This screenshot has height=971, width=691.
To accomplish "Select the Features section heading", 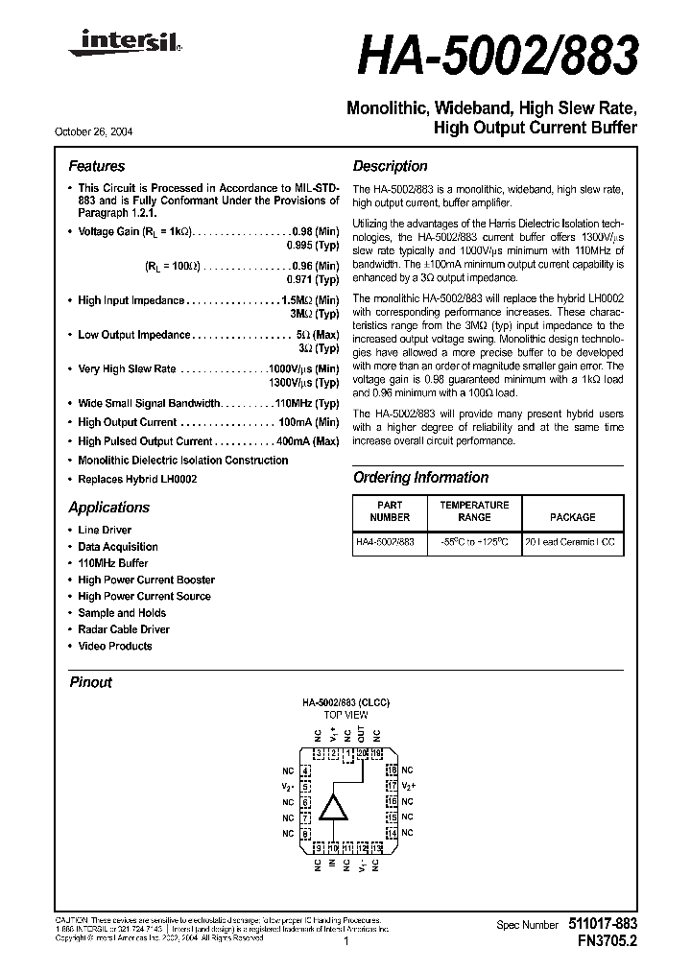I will (96, 166).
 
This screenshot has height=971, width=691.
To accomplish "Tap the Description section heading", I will (390, 166).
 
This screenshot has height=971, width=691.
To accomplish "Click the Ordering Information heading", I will (420, 477).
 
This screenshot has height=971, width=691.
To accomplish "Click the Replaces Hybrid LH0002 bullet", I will (137, 478).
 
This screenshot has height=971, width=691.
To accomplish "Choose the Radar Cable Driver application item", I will (124, 629).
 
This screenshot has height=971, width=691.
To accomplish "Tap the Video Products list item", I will (115, 646).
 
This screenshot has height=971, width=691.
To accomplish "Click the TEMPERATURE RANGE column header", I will (474, 510).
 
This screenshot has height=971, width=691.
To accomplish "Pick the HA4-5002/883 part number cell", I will (385, 543).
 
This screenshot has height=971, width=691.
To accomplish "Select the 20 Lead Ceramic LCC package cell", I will (572, 543).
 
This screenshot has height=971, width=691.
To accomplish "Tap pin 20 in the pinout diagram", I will (362, 753).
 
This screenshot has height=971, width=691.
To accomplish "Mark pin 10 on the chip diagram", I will (333, 848).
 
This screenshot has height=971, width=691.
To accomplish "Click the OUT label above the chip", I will (361, 734).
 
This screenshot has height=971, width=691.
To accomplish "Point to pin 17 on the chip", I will (392, 786).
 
